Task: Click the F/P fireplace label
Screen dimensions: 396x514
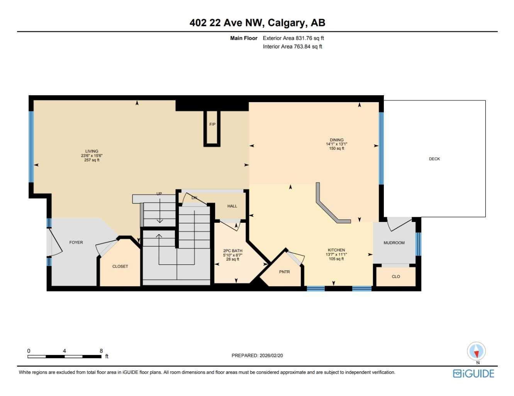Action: click(x=212, y=124)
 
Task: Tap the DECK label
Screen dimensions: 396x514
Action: click(x=434, y=159)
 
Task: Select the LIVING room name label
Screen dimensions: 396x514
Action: click(x=92, y=151)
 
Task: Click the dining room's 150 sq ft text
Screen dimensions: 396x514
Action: click(x=336, y=148)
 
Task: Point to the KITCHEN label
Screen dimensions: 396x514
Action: click(x=336, y=250)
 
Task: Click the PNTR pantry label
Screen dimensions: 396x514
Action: click(x=284, y=272)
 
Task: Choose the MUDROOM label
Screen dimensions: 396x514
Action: click(x=394, y=243)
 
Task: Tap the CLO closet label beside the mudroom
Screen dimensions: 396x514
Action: click(x=396, y=277)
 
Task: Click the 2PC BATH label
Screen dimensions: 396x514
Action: click(x=232, y=251)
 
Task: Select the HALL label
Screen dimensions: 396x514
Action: click(x=232, y=206)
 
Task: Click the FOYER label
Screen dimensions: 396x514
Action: click(x=76, y=242)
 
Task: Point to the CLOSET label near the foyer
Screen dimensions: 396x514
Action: click(x=120, y=266)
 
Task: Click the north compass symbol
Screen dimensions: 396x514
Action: click(x=476, y=352)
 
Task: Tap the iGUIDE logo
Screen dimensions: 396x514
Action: click(x=473, y=374)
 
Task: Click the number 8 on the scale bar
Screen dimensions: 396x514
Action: click(x=101, y=351)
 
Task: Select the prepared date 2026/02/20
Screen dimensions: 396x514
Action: click(x=271, y=355)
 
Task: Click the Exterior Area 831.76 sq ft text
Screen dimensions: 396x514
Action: click(x=293, y=38)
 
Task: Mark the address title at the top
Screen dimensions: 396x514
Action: click(x=257, y=23)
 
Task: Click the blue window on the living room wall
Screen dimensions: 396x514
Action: click(x=31, y=147)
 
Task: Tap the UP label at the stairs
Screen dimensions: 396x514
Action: click(x=159, y=194)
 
